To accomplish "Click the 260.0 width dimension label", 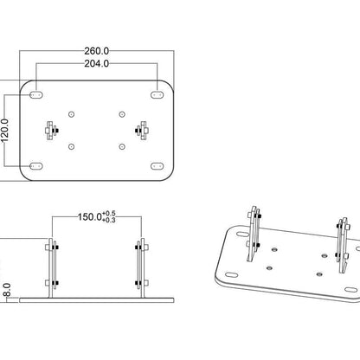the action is pos(97,51).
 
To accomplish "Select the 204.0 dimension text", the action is pos(97,63).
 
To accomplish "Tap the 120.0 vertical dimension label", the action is pos(5,131).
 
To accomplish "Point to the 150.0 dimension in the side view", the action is pos(90,216).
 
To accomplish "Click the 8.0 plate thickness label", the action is pos(7,290).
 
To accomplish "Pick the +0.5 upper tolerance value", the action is pos(109,214).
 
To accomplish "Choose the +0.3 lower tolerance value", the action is pos(109,220).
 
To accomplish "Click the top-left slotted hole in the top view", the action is pos(36,94).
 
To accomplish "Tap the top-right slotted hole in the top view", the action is pos(157,94).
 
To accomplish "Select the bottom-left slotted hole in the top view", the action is pos(36,166).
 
